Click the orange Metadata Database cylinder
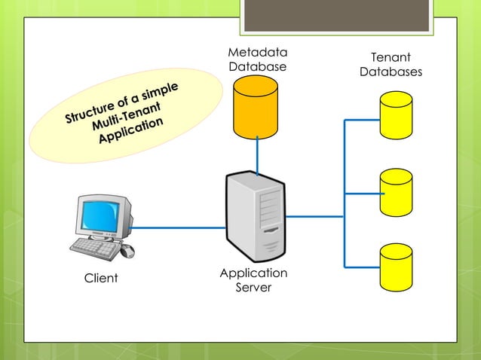click(x=256, y=107)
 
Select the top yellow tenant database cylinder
click(x=396, y=115)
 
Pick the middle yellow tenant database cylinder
click(x=396, y=192)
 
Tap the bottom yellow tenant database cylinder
click(x=396, y=267)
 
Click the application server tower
click(x=256, y=216)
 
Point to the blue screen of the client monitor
click(x=100, y=216)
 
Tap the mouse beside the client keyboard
click(x=127, y=251)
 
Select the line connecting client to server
click(x=177, y=227)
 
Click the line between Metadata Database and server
click(x=257, y=156)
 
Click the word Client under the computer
click(x=101, y=278)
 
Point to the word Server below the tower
click(x=253, y=288)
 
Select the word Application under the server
click(x=253, y=273)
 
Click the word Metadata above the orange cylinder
click(x=258, y=53)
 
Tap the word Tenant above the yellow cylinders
click(x=391, y=57)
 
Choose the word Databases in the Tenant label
click(x=391, y=72)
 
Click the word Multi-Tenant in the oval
click(x=127, y=115)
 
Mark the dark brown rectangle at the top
click(x=336, y=15)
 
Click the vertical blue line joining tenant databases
click(x=345, y=194)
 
